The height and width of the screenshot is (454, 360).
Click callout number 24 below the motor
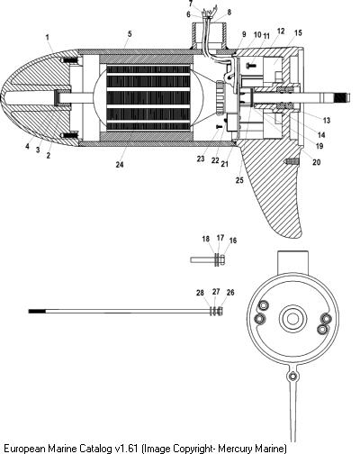(120, 164)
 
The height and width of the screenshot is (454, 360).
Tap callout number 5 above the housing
(130, 33)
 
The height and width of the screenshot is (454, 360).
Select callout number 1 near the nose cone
(48, 38)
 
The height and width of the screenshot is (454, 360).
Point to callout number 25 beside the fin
(239, 180)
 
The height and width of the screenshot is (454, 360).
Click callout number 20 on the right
(317, 162)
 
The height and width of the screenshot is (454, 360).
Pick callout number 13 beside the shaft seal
(327, 120)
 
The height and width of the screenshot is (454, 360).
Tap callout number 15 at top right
(298, 32)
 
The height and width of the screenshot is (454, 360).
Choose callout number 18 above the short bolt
(206, 239)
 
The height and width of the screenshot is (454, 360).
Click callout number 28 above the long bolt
(200, 293)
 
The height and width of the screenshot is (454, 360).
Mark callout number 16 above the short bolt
(233, 241)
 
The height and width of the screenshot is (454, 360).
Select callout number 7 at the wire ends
(191, 4)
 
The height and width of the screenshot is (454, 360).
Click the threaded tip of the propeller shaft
(343, 98)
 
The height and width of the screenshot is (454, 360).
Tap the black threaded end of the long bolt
(37, 312)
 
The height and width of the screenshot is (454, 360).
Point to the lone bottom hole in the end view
(292, 376)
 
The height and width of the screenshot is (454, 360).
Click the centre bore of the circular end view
(292, 319)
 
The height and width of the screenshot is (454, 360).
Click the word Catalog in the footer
(95, 449)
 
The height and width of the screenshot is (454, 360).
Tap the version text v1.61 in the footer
(126, 449)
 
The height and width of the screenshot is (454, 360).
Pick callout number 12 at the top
(281, 31)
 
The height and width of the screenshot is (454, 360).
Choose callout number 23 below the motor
(201, 159)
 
